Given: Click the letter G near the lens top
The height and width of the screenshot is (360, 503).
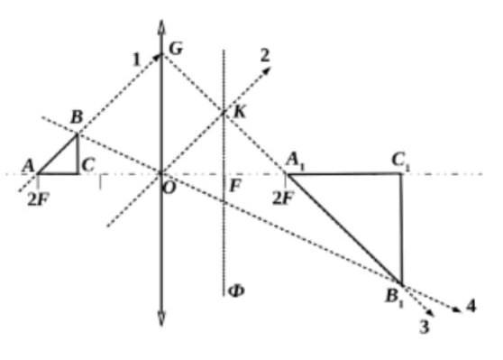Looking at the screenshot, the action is (x=176, y=49).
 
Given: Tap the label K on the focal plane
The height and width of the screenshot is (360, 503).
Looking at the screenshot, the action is (x=239, y=112).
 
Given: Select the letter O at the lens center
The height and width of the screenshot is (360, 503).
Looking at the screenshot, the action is (x=169, y=189).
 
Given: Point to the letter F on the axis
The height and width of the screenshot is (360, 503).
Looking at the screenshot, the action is (x=235, y=185).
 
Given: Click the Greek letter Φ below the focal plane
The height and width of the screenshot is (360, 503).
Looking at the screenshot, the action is (x=236, y=291).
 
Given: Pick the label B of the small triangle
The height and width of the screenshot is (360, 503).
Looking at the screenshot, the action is (x=77, y=117).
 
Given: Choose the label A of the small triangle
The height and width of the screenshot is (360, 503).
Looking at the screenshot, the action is (x=28, y=166).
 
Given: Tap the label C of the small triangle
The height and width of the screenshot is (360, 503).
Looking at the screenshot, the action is (x=88, y=165).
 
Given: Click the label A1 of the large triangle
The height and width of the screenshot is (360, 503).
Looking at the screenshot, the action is (x=295, y=161).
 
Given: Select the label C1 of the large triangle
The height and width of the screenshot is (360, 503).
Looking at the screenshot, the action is (x=400, y=161).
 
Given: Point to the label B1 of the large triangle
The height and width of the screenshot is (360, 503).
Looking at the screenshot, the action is (x=394, y=297).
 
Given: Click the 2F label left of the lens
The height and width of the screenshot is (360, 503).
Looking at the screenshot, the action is (x=39, y=199).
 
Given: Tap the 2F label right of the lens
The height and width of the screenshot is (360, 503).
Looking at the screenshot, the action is (x=283, y=198).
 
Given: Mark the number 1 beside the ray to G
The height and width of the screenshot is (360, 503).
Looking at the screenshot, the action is (x=137, y=60).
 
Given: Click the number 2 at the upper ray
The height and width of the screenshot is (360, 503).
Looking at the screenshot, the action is (x=265, y=56).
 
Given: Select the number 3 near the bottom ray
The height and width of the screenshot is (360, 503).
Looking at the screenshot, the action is (x=424, y=328).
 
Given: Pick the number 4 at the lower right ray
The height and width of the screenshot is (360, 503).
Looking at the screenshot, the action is (x=471, y=306).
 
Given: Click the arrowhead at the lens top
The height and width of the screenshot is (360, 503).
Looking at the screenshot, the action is (x=161, y=27).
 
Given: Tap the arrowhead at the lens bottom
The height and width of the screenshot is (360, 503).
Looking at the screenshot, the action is (x=161, y=318).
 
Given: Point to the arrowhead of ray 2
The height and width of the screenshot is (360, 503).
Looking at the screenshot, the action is (x=267, y=70).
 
